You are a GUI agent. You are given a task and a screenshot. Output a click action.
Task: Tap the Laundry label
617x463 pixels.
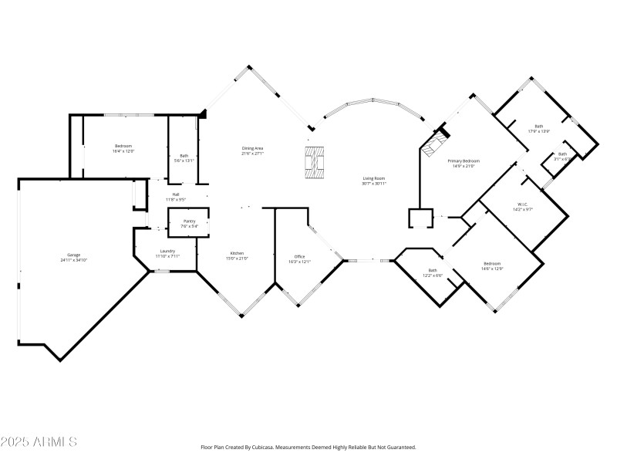(167, 251)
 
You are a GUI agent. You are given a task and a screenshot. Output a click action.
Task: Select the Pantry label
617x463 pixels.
(189, 221)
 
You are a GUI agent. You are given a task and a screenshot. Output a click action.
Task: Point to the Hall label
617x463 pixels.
(176, 194)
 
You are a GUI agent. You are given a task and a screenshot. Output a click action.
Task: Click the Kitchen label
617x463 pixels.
(238, 254)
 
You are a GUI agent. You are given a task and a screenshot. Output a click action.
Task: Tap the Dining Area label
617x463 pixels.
(254, 148)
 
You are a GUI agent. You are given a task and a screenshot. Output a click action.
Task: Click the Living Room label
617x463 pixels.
(374, 178)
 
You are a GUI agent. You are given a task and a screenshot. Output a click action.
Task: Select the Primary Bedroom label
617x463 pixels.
(463, 161)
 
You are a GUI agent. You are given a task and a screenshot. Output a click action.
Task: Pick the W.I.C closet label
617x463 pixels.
(522, 204)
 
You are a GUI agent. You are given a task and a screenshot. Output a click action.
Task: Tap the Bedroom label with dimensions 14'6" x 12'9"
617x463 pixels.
(492, 263)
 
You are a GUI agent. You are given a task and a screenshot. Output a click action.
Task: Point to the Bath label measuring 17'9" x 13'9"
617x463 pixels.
(538, 127)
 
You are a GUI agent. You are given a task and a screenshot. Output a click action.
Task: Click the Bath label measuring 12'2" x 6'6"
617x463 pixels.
(433, 270)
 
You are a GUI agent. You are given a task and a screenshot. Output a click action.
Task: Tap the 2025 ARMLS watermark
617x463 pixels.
(39, 442)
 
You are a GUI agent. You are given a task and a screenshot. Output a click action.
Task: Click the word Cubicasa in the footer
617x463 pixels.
(288, 447)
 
